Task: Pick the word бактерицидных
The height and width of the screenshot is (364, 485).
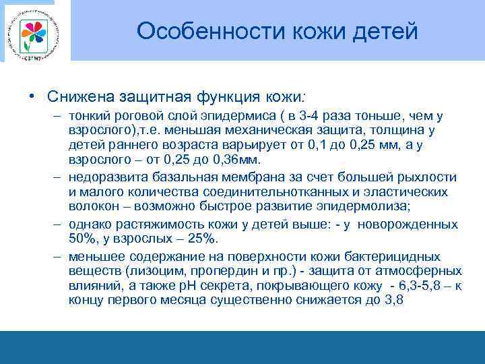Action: (396, 256)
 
